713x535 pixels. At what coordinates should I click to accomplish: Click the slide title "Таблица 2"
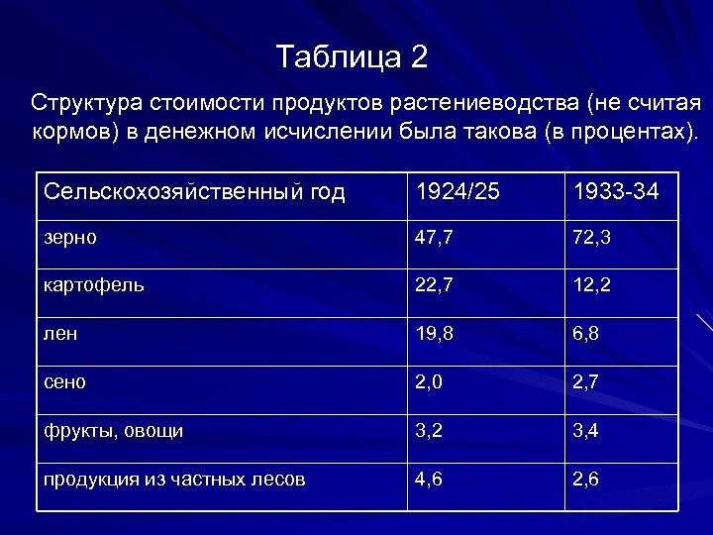click(353, 57)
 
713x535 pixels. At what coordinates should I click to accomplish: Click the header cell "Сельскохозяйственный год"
click(194, 192)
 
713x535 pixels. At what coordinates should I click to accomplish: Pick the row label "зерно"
click(70, 238)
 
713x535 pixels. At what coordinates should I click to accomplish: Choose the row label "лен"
click(60, 334)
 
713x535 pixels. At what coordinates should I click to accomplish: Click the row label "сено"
click(64, 382)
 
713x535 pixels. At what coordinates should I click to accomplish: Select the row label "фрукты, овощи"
click(112, 431)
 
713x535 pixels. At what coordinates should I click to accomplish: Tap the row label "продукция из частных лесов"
click(173, 480)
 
